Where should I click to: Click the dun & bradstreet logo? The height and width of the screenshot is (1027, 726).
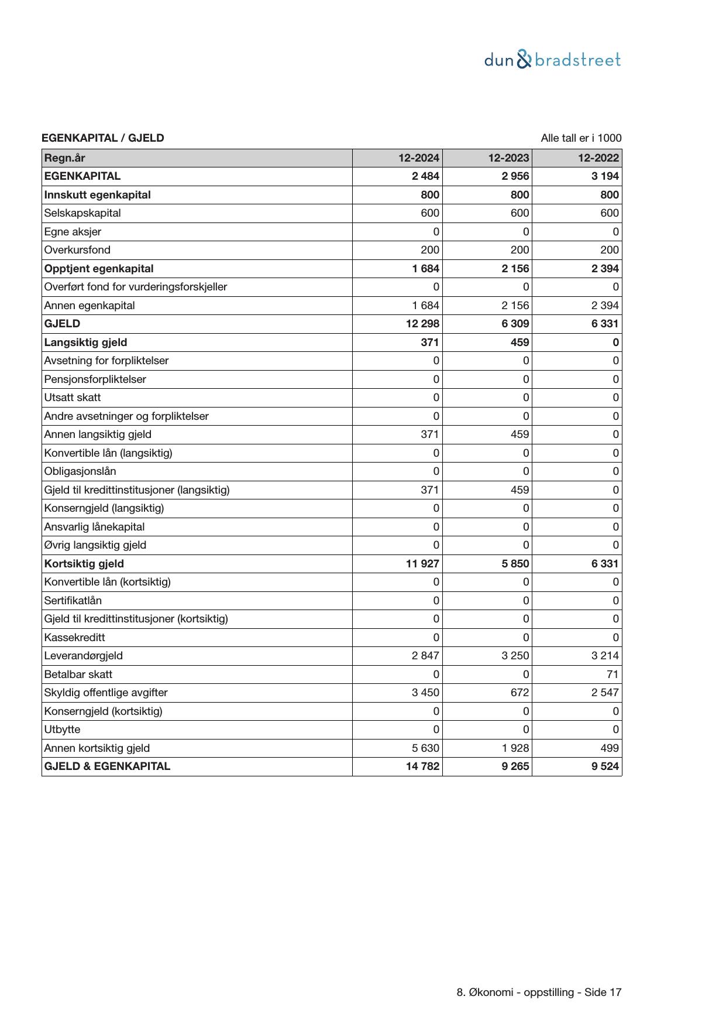(552, 60)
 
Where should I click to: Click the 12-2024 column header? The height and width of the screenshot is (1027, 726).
(419, 158)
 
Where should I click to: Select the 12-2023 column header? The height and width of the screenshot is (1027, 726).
(508, 158)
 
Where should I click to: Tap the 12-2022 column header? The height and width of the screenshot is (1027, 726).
(598, 158)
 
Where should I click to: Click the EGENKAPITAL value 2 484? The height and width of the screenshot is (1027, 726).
(425, 176)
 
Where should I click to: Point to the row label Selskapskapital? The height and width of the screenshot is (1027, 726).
(82, 213)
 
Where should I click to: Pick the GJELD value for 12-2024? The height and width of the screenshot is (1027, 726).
(422, 324)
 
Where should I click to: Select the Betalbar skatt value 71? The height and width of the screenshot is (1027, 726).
(613, 675)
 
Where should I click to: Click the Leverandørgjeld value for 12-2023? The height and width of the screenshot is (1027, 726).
(515, 656)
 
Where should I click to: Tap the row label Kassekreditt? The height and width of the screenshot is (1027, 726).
(74, 638)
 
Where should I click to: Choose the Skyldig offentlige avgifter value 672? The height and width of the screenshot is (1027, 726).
(519, 693)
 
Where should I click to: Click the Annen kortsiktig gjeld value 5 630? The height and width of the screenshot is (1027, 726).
(425, 748)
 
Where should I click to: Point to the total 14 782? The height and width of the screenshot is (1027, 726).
(422, 766)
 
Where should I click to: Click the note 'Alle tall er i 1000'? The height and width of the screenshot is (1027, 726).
(581, 138)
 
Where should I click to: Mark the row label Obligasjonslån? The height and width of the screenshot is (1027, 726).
(80, 471)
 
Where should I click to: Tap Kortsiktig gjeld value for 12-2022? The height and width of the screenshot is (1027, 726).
(605, 564)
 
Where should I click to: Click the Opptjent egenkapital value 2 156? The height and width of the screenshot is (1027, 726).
(515, 269)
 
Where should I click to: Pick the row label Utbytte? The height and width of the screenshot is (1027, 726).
(62, 730)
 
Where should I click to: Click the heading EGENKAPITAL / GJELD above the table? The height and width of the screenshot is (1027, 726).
(103, 138)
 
